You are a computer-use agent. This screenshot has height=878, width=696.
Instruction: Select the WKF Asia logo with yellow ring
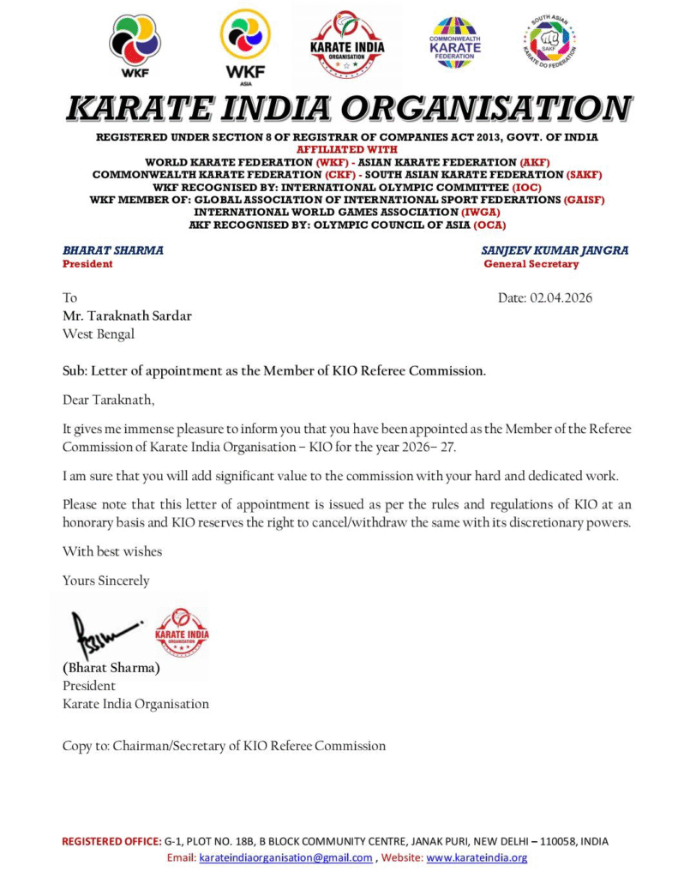(245, 43)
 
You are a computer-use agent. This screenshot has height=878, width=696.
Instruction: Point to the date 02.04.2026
(545, 298)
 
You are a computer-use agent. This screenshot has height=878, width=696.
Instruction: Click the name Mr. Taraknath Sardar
(127, 316)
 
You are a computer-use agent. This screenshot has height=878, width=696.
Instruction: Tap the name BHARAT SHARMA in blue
(113, 250)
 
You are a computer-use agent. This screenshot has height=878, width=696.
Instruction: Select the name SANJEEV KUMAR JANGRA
(555, 250)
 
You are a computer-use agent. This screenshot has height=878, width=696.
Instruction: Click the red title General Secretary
(531, 264)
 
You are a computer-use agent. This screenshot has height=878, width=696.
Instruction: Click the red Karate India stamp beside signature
(181, 633)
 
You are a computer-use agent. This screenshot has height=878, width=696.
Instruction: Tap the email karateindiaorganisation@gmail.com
(285, 857)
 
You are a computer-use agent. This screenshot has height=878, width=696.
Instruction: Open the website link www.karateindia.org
(477, 857)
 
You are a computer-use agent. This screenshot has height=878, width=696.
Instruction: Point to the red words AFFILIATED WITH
(346, 148)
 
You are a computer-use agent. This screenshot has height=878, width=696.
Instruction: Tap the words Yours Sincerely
(105, 580)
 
